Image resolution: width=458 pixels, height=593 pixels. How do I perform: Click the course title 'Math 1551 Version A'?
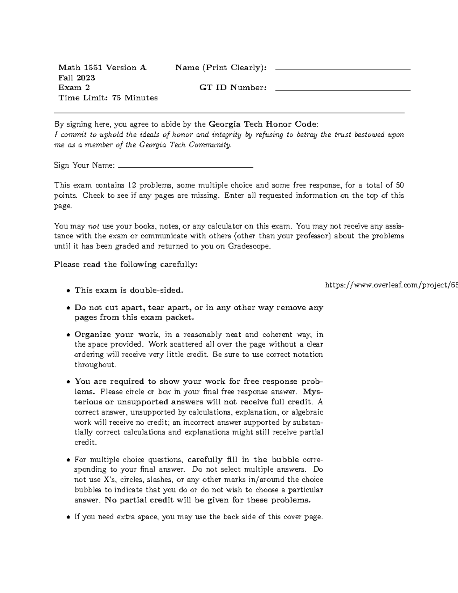[x=102, y=68]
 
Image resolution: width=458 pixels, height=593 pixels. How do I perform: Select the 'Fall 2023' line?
[x=77, y=78]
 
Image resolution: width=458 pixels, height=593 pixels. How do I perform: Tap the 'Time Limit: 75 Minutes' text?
[x=108, y=98]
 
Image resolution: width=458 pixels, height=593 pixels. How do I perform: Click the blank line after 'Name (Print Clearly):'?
[x=342, y=69]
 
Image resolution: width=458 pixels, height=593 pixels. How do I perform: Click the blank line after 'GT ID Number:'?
[x=342, y=90]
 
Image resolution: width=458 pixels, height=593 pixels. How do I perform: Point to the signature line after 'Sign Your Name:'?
[x=186, y=167]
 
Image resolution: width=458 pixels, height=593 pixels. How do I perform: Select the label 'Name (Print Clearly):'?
[x=221, y=68]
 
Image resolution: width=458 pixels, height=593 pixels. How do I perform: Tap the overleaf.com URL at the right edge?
[x=391, y=285]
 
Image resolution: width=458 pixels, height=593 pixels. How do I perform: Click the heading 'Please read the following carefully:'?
[x=126, y=265]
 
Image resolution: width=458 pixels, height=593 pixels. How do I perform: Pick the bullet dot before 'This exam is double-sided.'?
[x=68, y=291]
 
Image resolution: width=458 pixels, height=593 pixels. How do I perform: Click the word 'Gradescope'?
[x=249, y=246]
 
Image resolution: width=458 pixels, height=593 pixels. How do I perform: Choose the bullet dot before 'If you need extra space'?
[x=68, y=518]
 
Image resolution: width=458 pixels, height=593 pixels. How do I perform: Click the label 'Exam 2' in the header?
[x=74, y=88]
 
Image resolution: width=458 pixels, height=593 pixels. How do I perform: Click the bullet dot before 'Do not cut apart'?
[x=68, y=308]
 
